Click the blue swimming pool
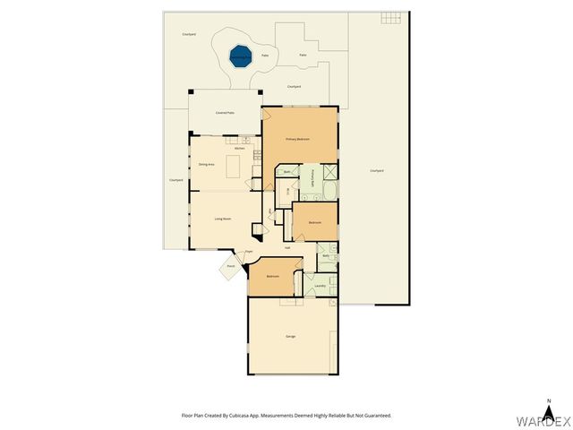tap(239, 56)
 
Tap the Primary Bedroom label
tap(297, 139)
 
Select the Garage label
tap(291, 336)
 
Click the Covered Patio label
tap(225, 113)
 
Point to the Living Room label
tap(223, 219)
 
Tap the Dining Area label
tap(206, 165)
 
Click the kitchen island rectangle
tap(235, 167)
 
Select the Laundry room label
tap(320, 287)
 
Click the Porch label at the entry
tap(230, 266)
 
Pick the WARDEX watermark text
tap(541, 419)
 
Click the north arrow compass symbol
tap(548, 403)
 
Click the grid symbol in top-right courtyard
tap(389, 17)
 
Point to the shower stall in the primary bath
tap(329, 173)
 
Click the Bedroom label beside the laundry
tap(272, 277)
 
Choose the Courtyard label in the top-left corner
tap(189, 34)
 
